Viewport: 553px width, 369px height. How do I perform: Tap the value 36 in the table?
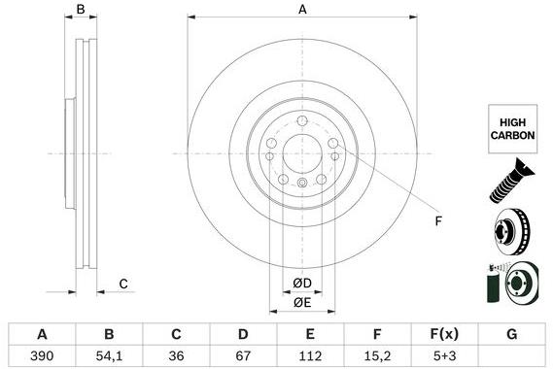[x=176, y=355]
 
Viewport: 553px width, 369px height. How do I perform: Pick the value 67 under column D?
[x=242, y=355]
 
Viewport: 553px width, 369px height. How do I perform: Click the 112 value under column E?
[x=308, y=355]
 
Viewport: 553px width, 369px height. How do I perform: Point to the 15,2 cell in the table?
[x=374, y=355]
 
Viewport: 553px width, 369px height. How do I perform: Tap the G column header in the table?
[x=510, y=334]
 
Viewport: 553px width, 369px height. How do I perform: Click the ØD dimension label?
[x=303, y=283]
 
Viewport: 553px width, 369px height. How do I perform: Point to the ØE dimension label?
[x=303, y=303]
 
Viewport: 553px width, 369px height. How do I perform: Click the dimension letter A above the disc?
[x=302, y=10]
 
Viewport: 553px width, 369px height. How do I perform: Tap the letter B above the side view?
[x=82, y=10]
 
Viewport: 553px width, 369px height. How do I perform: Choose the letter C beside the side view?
[x=123, y=284]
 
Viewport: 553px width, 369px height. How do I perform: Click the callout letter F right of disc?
[x=438, y=221]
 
